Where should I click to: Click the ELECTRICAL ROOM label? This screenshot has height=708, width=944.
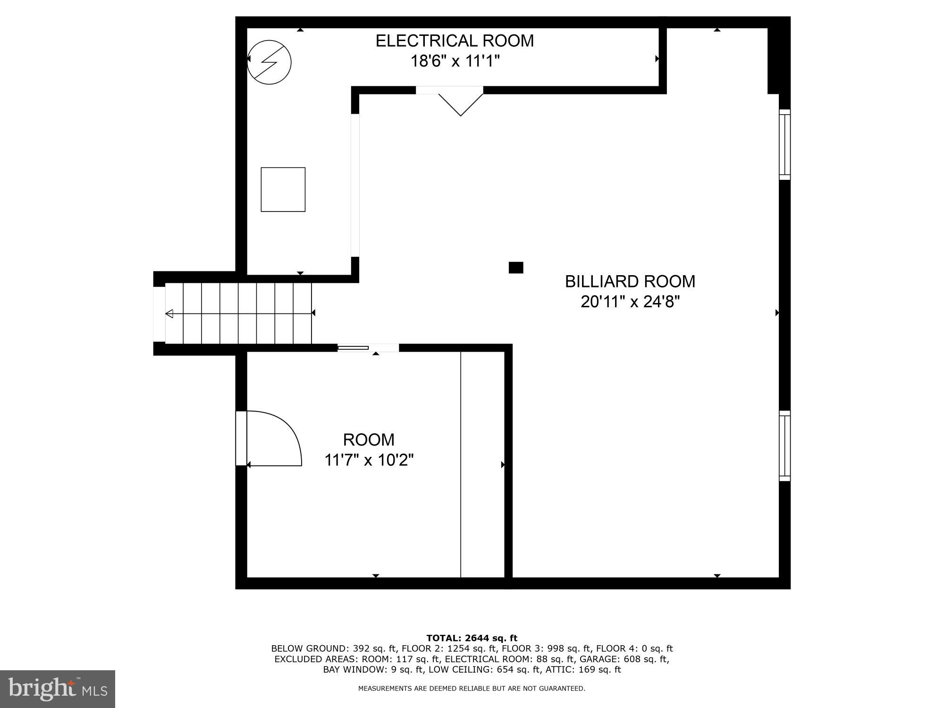455,41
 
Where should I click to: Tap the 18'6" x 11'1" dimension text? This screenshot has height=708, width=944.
455,61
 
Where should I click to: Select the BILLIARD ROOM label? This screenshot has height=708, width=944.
630,282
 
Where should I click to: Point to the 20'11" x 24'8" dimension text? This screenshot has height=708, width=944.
630,302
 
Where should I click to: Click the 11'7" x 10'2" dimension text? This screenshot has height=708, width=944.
369,460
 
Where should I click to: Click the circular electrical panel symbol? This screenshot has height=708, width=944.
269,62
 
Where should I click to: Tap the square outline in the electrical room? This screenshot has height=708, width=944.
283,189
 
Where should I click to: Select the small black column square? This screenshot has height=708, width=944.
515,268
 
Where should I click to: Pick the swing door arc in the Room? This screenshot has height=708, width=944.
278,437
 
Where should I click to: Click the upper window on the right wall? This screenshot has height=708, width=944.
784,144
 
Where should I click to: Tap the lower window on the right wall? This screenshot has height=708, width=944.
784,446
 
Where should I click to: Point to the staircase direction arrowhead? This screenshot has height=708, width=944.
169,313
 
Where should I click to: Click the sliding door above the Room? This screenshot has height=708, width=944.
353,348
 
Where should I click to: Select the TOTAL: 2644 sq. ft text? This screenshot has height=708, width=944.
472,638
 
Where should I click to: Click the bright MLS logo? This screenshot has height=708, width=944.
58,689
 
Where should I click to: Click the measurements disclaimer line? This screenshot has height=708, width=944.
472,689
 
